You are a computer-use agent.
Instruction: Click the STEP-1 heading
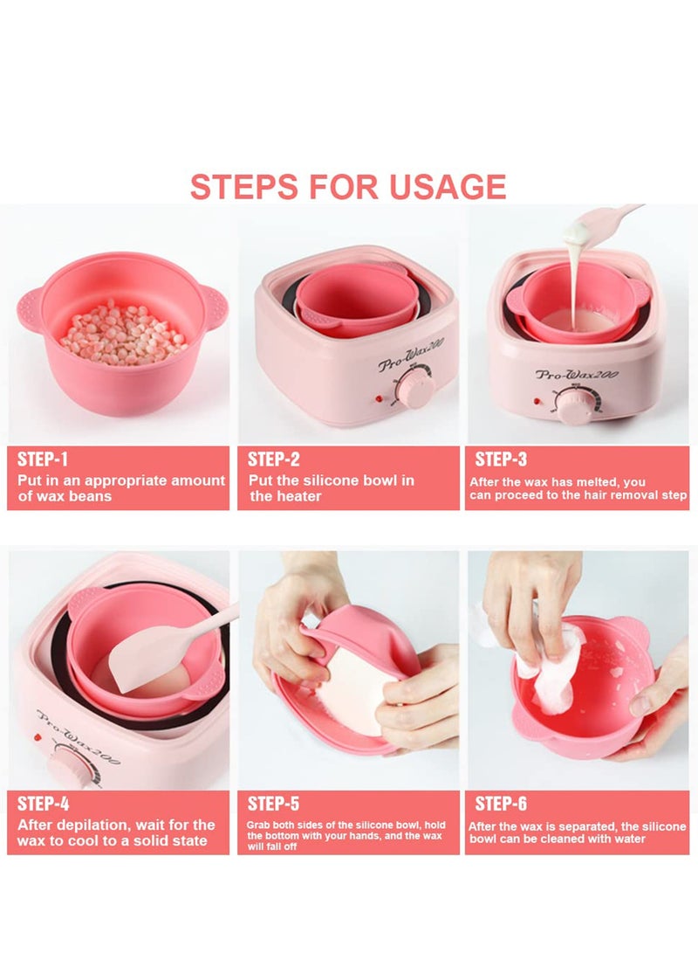43,459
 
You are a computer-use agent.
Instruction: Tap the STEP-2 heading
274,459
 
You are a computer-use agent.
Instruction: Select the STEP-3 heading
503,459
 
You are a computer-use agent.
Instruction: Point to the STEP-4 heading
44,803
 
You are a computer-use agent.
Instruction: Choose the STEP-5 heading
274,803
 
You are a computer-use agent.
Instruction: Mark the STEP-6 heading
503,803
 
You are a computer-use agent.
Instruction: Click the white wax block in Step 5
349,690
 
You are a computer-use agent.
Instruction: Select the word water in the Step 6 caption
626,839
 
